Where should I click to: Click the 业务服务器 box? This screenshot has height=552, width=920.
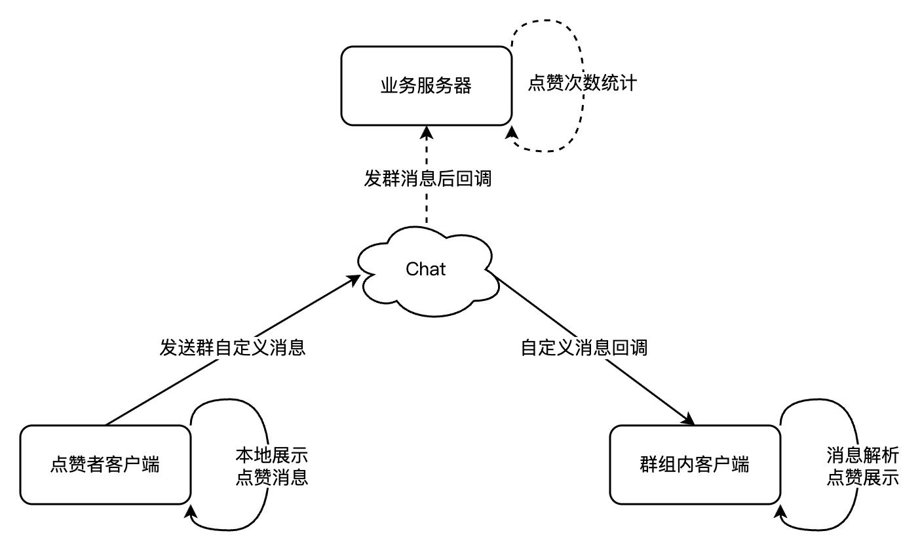[x=426, y=86]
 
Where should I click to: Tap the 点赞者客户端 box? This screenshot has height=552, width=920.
[x=105, y=465]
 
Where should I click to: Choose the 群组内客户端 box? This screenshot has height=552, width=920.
[x=695, y=465]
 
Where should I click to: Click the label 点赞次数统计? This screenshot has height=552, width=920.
[x=582, y=85]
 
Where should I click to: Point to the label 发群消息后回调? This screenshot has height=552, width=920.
[x=427, y=178]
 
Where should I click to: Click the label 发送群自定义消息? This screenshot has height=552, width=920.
[x=233, y=347]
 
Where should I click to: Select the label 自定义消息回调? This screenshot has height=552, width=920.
[x=584, y=347]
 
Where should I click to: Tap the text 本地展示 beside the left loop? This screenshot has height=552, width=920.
[x=271, y=455]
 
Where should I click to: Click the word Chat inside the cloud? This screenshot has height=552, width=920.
[x=426, y=269]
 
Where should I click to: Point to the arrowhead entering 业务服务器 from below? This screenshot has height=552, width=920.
[x=427, y=132]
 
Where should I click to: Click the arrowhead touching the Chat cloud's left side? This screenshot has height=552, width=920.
[x=355, y=281]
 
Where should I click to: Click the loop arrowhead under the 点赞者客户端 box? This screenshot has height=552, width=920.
[x=191, y=511]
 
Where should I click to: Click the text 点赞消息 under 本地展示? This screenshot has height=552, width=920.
[x=271, y=477]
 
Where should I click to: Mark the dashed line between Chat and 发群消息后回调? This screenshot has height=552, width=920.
[x=427, y=210]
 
